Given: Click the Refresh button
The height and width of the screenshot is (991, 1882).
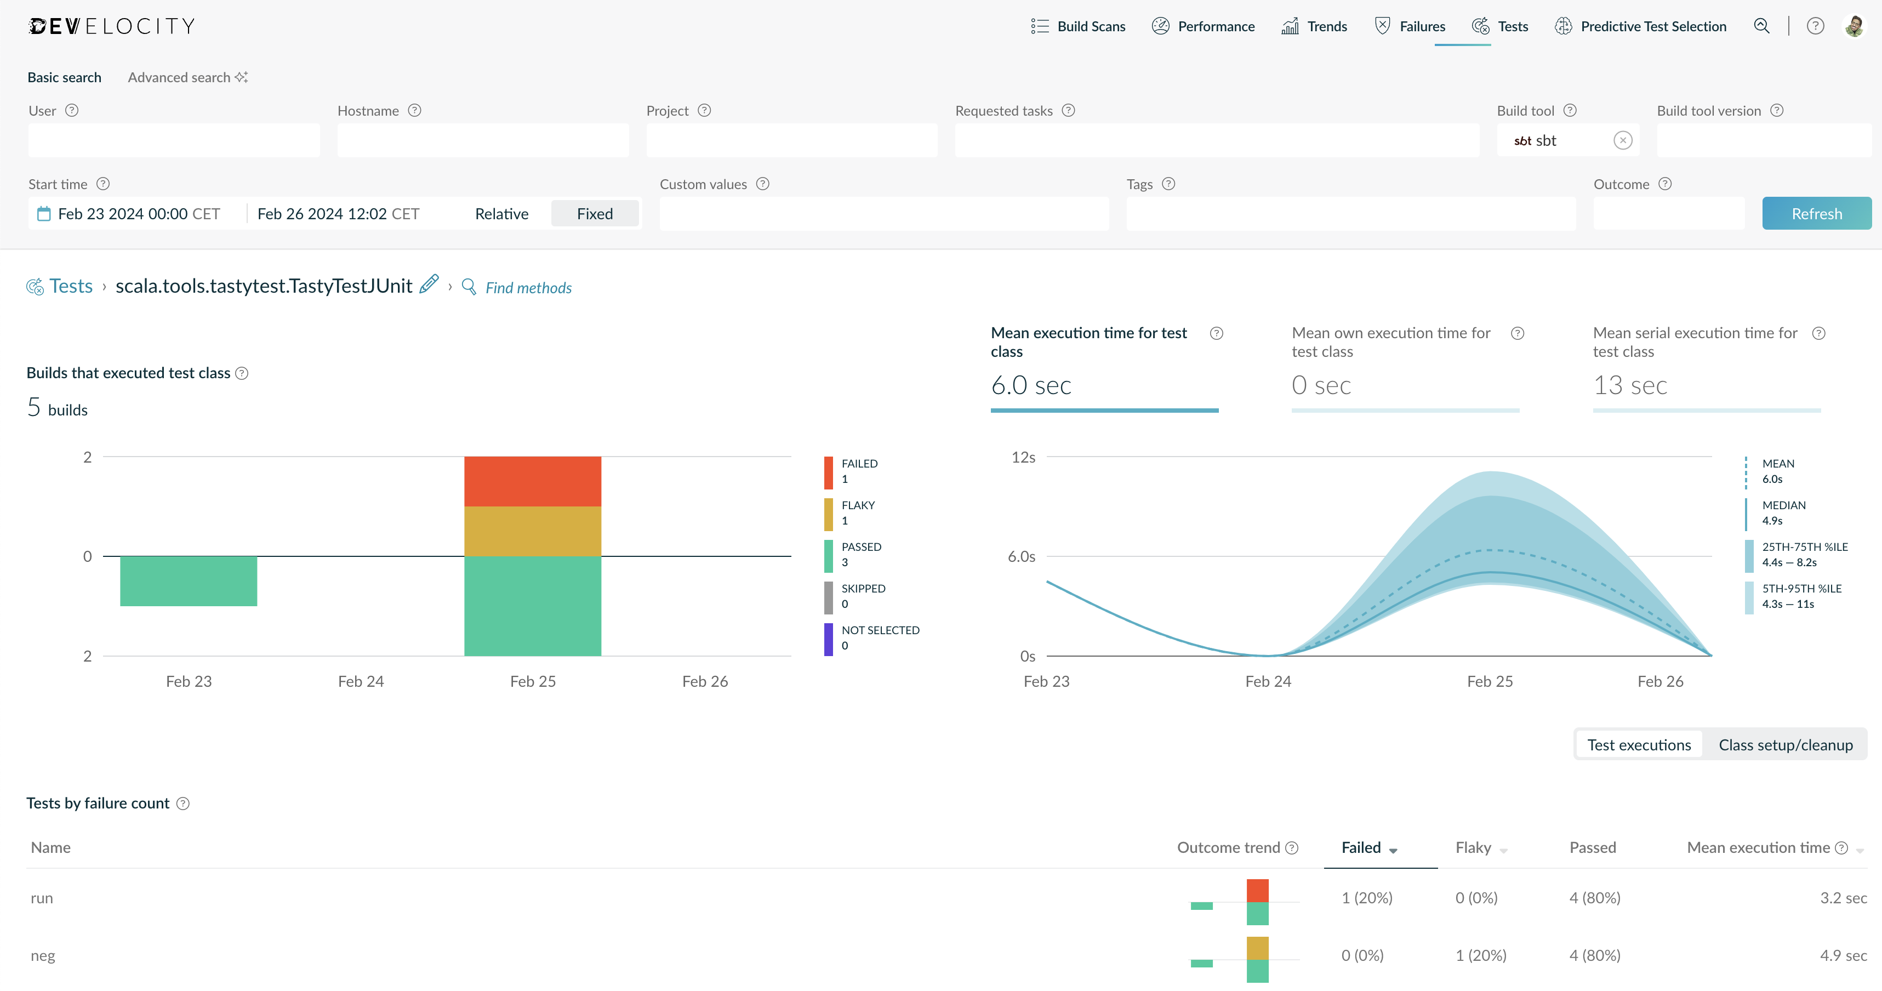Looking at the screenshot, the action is tap(1816, 213).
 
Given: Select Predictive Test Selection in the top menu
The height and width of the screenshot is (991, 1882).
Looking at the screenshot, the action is tap(1640, 26).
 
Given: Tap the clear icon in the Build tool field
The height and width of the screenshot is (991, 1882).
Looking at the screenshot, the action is tap(1623, 140).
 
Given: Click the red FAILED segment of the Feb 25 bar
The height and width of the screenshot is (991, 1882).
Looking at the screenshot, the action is tap(533, 482).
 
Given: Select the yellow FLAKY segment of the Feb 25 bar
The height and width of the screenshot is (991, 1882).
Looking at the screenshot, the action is tap(533, 531).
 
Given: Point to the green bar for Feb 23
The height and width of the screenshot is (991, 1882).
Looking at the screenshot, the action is tap(189, 581).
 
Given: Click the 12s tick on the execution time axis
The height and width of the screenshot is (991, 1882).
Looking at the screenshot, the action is tap(1023, 458).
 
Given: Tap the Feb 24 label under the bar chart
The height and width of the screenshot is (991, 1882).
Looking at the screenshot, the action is tap(361, 681).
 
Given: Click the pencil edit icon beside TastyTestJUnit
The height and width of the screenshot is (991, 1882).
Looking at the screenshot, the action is tap(430, 283).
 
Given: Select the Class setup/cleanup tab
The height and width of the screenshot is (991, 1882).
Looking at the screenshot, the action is tap(1786, 745).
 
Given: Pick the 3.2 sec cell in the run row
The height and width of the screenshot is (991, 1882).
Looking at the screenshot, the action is tap(1843, 898).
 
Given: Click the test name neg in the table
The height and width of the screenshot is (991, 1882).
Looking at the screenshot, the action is tap(43, 956).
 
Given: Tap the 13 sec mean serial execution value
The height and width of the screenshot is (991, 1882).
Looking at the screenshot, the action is tap(1630, 385).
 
